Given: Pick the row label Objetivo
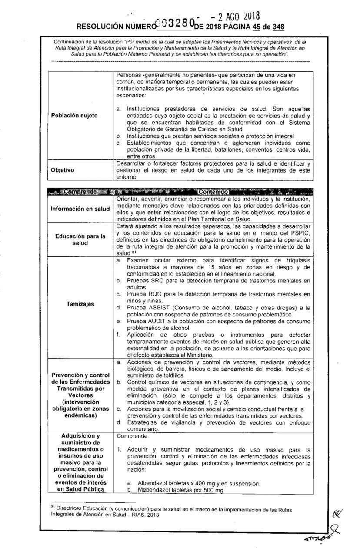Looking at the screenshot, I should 63,170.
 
